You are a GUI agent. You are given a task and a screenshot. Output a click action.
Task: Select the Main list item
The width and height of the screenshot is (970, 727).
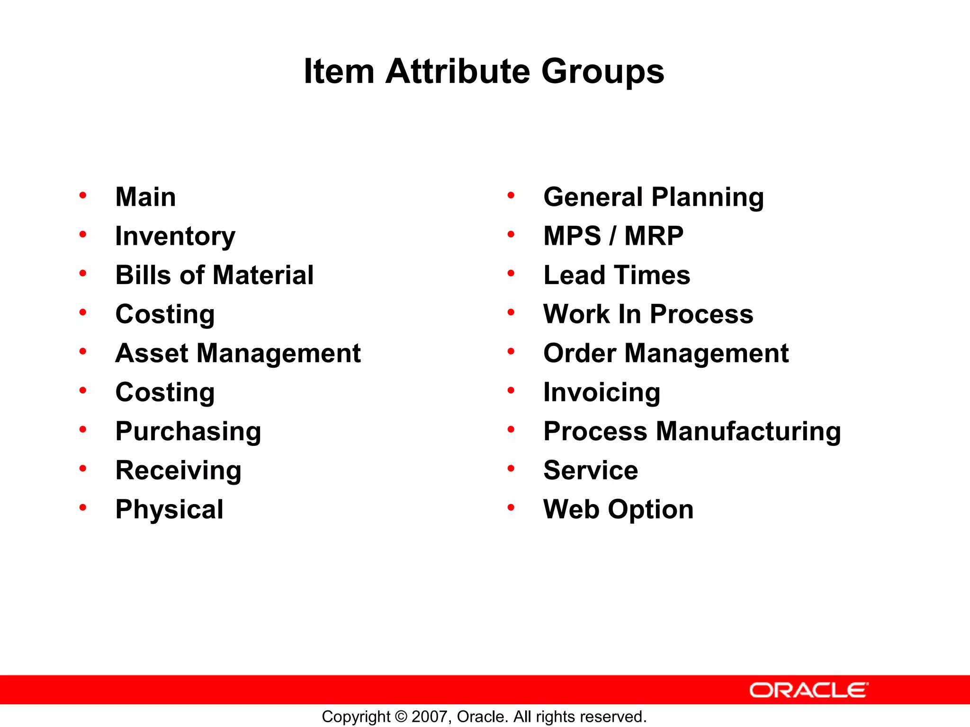[145, 197]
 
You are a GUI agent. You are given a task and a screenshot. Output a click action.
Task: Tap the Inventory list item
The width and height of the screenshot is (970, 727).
[175, 236]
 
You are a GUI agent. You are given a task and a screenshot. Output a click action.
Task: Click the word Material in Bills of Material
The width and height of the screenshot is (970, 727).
[263, 275]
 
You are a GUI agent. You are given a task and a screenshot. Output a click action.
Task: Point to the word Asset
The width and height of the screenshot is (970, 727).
[152, 353]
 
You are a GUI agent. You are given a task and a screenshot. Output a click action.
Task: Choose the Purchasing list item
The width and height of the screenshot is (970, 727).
[188, 431]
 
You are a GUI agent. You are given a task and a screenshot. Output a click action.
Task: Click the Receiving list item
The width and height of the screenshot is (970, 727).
[178, 470]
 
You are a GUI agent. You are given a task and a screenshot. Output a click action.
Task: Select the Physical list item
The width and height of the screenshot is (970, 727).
[169, 509]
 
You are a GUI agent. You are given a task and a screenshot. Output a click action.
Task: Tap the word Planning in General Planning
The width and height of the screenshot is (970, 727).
[707, 197]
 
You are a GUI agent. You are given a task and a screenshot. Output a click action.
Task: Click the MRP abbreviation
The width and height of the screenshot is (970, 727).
[654, 236]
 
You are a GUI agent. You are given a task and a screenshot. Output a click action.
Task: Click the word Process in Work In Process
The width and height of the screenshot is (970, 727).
[701, 314]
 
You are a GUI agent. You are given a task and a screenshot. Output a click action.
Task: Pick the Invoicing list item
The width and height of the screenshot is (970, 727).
[602, 392]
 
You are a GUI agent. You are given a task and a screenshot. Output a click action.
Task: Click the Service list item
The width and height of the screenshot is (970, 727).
[591, 470]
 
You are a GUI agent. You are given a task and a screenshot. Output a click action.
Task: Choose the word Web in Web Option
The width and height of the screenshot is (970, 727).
[572, 509]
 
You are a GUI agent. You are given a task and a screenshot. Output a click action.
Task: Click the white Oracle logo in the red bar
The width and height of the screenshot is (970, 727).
[808, 690]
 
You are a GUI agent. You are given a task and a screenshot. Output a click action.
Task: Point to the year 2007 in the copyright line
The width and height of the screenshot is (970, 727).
[430, 717]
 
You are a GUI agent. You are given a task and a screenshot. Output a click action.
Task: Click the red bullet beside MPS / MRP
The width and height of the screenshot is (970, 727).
[511, 234]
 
